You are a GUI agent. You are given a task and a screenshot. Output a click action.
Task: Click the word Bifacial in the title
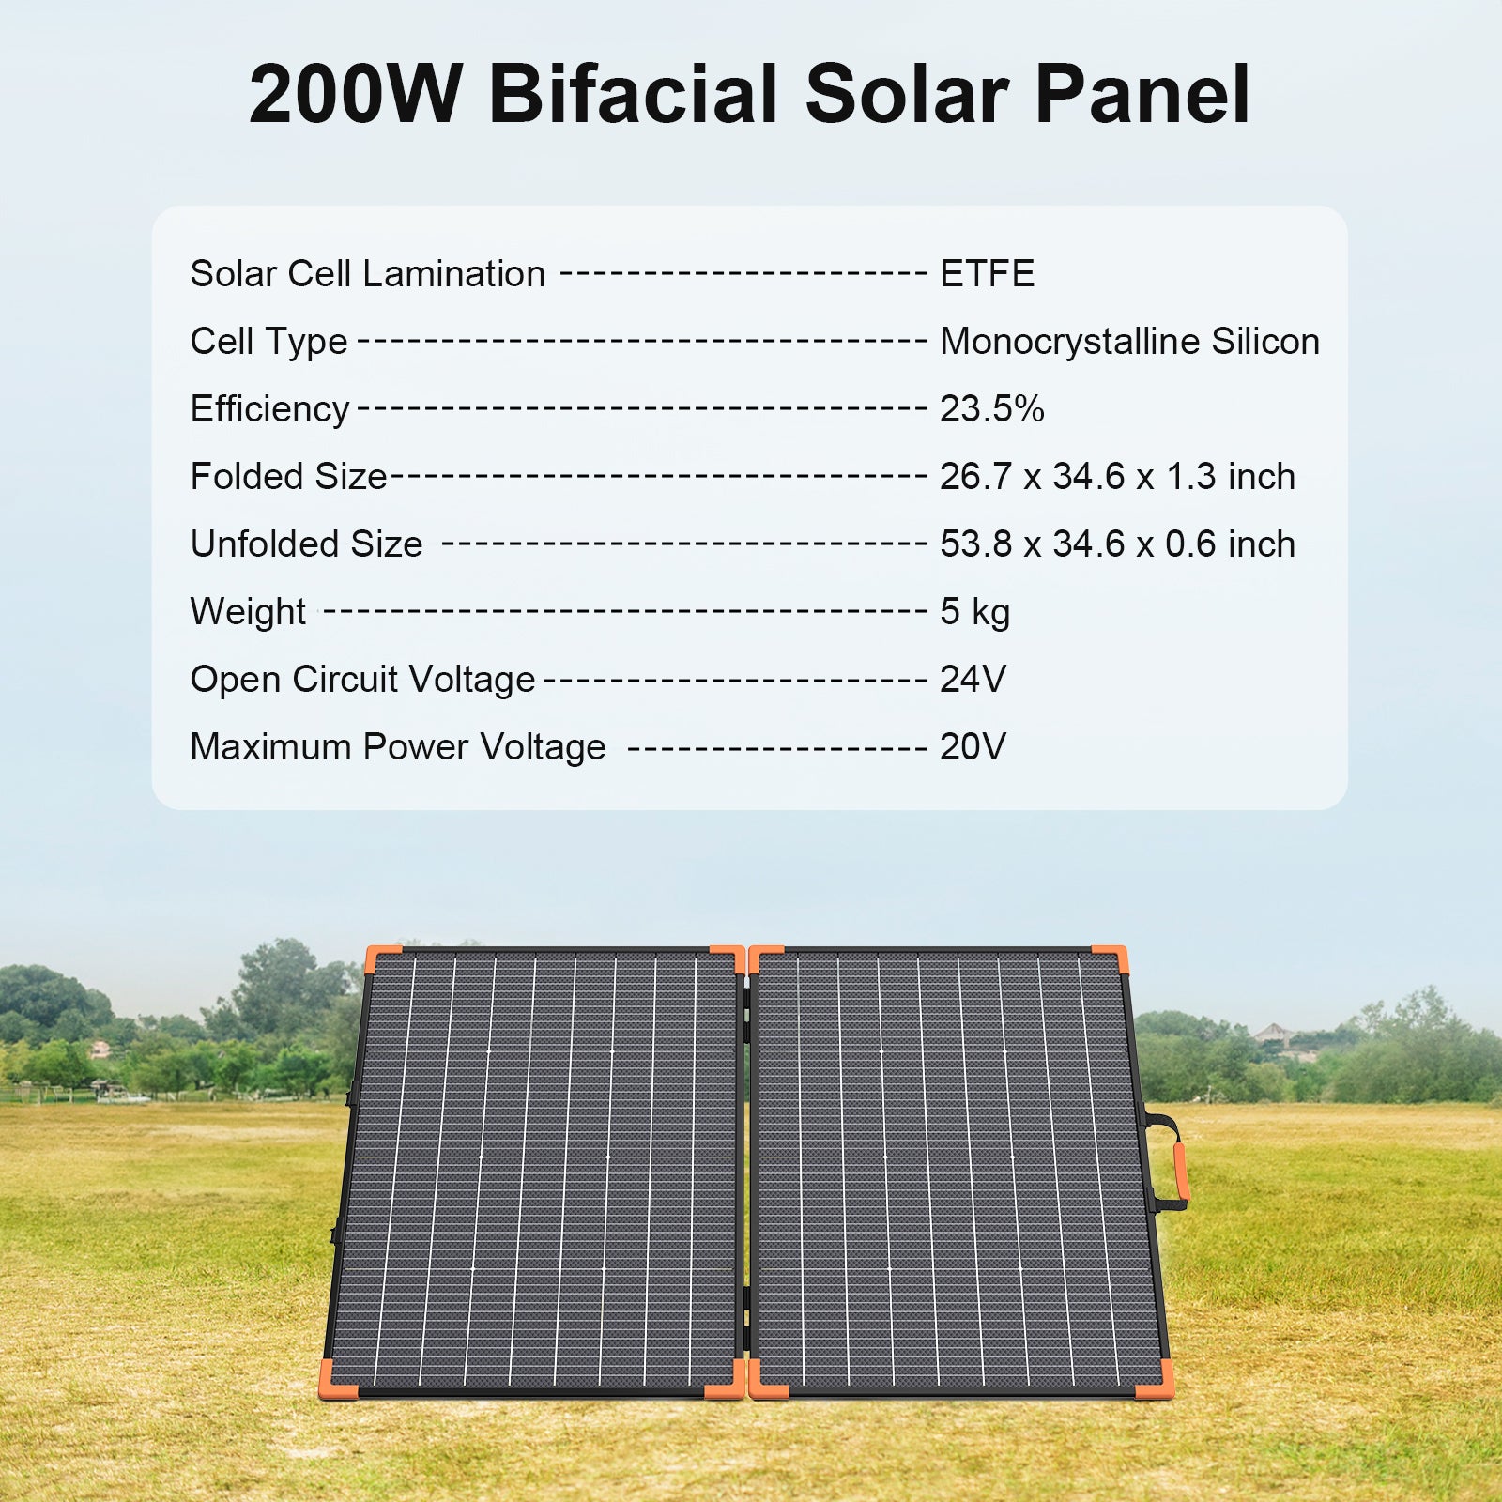coord(635,94)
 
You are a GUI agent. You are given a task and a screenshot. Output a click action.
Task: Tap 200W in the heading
coord(355,95)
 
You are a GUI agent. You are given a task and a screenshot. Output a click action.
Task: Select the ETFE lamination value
coord(987,274)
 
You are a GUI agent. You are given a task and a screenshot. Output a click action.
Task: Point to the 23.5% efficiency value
coord(991,409)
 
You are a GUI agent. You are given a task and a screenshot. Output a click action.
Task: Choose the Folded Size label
coord(288,477)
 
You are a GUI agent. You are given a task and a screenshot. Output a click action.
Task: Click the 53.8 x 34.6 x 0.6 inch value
coord(1117,544)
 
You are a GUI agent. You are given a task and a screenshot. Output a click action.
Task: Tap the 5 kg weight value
coord(974,612)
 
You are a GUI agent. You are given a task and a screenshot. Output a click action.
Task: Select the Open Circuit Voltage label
coord(362,680)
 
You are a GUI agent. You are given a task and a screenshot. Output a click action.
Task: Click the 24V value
coord(973,680)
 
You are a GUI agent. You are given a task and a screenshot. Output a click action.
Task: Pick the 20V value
coord(973,747)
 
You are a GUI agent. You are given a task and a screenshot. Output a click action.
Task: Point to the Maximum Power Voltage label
coord(398,747)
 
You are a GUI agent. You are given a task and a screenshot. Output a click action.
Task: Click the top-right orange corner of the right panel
coord(1111,958)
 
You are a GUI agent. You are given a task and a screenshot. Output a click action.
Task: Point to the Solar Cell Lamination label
coord(367,274)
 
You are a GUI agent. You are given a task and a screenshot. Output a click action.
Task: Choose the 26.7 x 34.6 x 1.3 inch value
coord(1117,477)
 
